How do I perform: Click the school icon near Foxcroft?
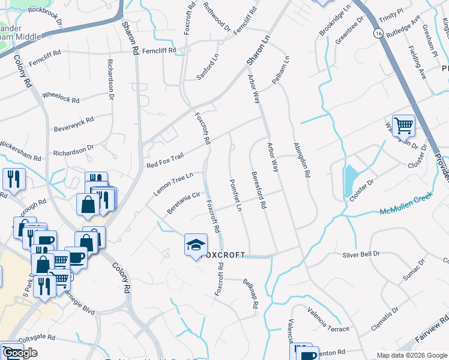click(196, 245)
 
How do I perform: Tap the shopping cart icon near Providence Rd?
click(403, 125)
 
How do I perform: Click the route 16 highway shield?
click(377, 34)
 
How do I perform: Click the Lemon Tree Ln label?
click(173, 184)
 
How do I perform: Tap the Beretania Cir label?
click(184, 203)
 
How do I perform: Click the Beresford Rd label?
click(258, 190)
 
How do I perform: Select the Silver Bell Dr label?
click(361, 254)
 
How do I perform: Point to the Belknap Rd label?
click(250, 294)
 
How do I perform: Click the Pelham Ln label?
click(280, 70)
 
